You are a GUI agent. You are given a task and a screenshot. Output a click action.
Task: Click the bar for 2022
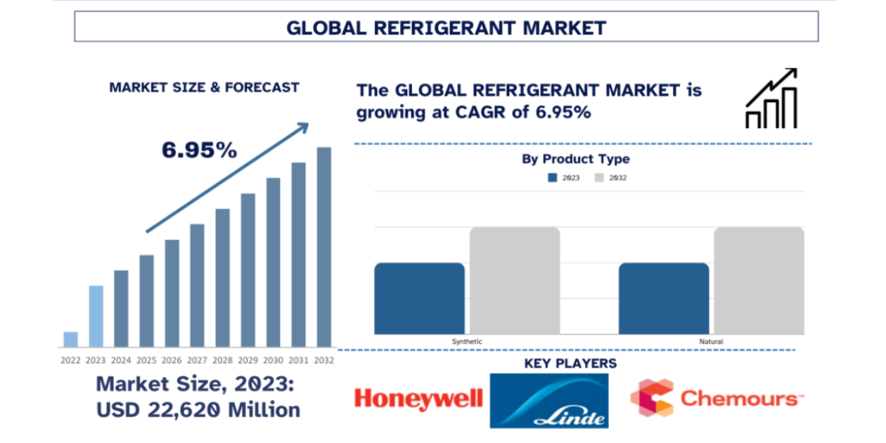70,339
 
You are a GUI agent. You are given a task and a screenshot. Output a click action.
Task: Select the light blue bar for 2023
96,316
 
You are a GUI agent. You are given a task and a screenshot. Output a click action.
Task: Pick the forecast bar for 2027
197,285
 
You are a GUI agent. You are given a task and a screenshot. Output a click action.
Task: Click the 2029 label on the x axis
248,360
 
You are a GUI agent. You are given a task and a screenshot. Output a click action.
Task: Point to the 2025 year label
146,360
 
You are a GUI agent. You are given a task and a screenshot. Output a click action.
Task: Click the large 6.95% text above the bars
199,150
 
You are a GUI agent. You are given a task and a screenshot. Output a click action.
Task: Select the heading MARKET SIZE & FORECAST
204,88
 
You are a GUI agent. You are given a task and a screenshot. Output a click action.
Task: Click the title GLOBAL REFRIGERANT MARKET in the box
446,27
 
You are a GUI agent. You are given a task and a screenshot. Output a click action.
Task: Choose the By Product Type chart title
575,159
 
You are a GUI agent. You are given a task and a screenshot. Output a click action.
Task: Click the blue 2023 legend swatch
553,178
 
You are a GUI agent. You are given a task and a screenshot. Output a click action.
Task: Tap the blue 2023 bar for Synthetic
419,299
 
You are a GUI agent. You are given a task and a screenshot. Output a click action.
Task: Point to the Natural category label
712,342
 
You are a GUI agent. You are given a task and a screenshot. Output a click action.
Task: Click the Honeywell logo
418,399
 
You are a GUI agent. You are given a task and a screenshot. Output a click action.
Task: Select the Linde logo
549,401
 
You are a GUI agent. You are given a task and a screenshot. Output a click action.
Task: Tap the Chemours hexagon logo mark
651,397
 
